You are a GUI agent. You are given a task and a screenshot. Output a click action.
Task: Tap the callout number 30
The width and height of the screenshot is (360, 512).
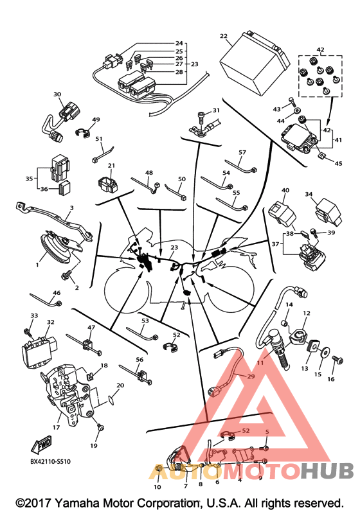pyautogui.click(x=57, y=94)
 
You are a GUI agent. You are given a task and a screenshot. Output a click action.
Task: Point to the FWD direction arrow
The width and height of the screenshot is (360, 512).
pyautogui.click(x=41, y=444)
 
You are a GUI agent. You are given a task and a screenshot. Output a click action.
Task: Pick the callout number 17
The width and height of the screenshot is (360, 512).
pyautogui.click(x=56, y=427)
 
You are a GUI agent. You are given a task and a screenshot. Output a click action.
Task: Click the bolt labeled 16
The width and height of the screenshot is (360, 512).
pyautogui.click(x=337, y=360)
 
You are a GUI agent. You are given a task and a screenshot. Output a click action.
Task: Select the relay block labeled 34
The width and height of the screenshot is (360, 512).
pyautogui.click(x=328, y=212)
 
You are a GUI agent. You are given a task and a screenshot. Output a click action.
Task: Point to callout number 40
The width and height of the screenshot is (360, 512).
pyautogui.click(x=285, y=190)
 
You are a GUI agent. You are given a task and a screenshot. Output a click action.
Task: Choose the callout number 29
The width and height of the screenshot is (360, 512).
pyautogui.click(x=251, y=376)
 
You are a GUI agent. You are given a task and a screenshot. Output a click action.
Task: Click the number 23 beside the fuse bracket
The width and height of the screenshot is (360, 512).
pyautogui.click(x=194, y=64)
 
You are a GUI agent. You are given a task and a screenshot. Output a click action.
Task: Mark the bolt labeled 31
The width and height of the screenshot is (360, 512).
pyautogui.click(x=202, y=118)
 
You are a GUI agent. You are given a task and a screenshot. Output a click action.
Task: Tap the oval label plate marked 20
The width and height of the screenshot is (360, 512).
pyautogui.click(x=111, y=400)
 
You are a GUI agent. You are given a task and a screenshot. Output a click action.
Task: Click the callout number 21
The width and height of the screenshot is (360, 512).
pyautogui.click(x=111, y=166)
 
